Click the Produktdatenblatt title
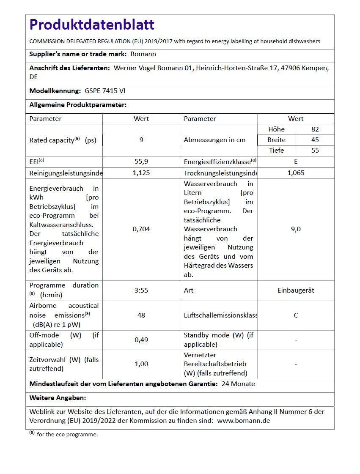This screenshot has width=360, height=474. tap(92, 25)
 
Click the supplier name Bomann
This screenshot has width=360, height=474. tap(143, 54)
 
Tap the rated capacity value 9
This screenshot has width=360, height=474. tap(141, 140)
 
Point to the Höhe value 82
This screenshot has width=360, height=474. tap(315, 129)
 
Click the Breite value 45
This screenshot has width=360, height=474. tap(315, 140)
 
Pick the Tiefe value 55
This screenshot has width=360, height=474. tap(315, 151)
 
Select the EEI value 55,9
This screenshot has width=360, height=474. tap(141, 162)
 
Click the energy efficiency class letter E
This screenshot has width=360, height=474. tap(296, 162)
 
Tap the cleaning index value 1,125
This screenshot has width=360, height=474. tap(141, 173)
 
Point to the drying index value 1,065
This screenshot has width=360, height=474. tap(296, 173)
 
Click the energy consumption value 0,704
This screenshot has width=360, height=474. tap(141, 229)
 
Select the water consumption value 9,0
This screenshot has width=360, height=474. tap(296, 229)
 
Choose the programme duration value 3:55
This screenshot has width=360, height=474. tap(141, 290)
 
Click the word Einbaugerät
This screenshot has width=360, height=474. tap(296, 290)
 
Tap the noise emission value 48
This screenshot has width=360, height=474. tap(141, 315)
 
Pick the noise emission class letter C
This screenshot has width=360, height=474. tap(296, 315)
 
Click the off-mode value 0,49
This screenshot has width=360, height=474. tap(141, 340)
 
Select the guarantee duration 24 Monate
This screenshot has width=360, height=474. tap(238, 384)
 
